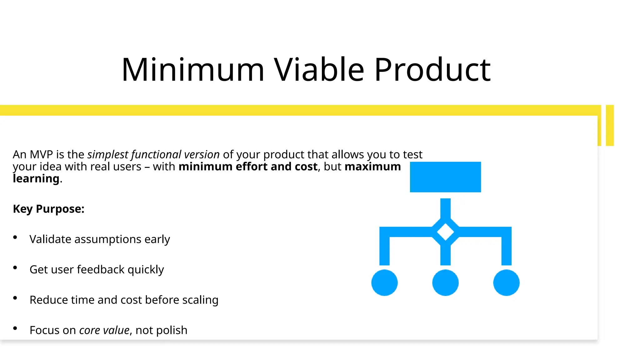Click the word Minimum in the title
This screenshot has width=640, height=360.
[x=193, y=70]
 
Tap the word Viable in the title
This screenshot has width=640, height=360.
[x=319, y=70]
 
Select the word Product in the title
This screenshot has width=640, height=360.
[x=432, y=70]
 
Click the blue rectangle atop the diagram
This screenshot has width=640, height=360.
[x=445, y=177]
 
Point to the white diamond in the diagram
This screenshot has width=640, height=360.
[x=445, y=232]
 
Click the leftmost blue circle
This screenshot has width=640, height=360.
[x=384, y=282]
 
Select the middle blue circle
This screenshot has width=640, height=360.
[x=445, y=282]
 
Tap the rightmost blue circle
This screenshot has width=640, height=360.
[x=506, y=282]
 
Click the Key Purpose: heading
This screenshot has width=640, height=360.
[x=48, y=209]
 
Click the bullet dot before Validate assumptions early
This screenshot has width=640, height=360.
[x=15, y=237]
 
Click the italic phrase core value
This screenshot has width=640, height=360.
[x=104, y=330]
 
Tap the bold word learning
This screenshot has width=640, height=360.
[x=36, y=178]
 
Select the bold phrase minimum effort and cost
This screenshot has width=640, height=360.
[x=248, y=167]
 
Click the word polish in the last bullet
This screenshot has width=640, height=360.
[x=172, y=330]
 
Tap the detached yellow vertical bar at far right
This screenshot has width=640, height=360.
[x=610, y=125]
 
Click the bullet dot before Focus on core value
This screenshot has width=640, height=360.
[x=15, y=328]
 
